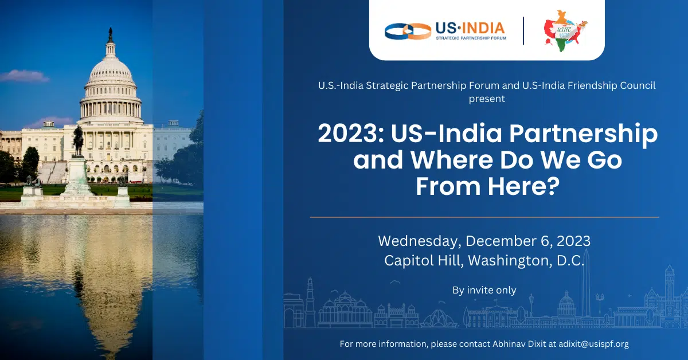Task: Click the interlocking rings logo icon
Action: (408, 32)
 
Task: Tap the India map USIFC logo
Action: (565, 31)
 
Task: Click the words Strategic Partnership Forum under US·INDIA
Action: (471, 38)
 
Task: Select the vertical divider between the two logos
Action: (523, 31)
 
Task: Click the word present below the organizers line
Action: (487, 99)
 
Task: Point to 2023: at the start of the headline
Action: (351, 134)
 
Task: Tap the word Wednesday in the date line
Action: (419, 241)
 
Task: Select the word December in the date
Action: (499, 241)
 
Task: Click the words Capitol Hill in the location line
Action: (424, 260)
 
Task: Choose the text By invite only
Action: (484, 290)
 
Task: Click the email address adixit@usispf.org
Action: (594, 344)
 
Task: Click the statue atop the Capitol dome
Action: (110, 33)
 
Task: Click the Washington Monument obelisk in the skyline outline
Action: (587, 283)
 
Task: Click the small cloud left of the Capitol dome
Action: (24, 76)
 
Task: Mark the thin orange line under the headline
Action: (484, 217)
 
